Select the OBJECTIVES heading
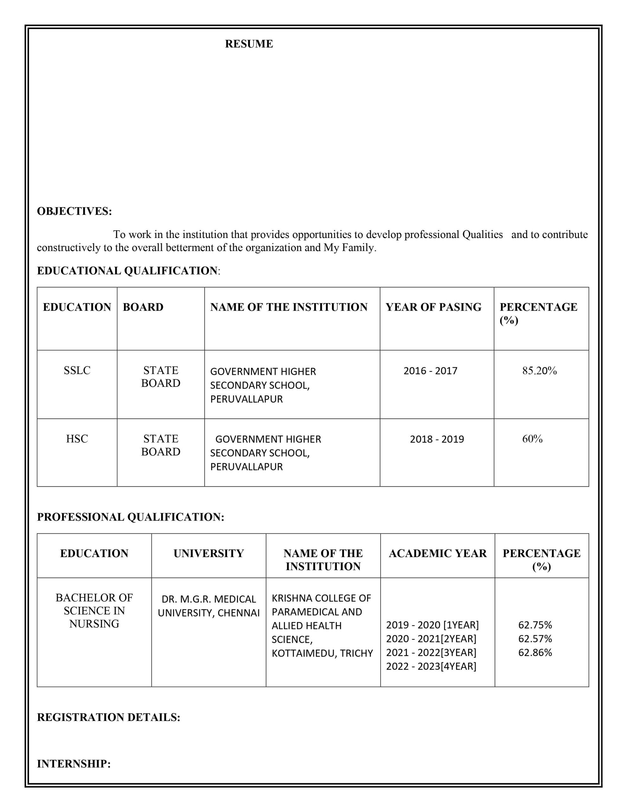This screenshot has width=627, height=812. (74, 211)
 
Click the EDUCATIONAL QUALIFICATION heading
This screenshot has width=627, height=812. (127, 271)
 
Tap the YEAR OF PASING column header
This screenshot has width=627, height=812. (433, 307)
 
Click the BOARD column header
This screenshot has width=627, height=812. (143, 307)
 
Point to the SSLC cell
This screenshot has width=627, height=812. (77, 370)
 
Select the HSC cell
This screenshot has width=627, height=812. (77, 439)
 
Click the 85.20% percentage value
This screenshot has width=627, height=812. (539, 371)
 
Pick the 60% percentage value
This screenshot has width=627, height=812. (532, 439)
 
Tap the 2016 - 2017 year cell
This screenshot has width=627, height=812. (430, 371)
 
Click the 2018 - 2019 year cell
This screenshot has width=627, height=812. (437, 439)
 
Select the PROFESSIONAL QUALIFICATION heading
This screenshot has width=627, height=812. (131, 517)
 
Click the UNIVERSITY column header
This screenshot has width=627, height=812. (209, 553)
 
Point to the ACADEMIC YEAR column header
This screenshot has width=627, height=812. (437, 553)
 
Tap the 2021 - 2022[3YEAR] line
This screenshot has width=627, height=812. (431, 652)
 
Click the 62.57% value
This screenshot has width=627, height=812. (535, 639)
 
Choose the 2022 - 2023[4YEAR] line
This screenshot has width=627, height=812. (431, 666)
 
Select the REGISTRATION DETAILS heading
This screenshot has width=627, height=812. (108, 717)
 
